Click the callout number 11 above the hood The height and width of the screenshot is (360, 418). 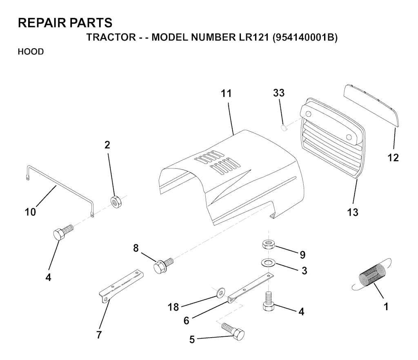click(226, 94)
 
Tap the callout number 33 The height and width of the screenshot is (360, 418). click(278, 93)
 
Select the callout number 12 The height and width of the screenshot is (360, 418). click(393, 157)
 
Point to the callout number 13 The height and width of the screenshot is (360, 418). click(352, 212)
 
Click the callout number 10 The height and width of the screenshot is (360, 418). click(30, 212)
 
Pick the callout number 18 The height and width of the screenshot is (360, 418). click(173, 307)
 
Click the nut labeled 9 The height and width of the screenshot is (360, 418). click(269, 244)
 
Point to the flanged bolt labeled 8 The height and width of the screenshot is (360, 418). click(163, 265)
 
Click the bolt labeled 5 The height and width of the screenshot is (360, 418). click(233, 331)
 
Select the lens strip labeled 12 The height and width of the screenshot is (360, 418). click(371, 105)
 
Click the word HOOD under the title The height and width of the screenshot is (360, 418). click(31, 51)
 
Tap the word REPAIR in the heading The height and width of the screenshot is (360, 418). click(38, 23)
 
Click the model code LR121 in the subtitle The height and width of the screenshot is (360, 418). click(252, 37)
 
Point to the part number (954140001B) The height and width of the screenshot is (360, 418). click(305, 37)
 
